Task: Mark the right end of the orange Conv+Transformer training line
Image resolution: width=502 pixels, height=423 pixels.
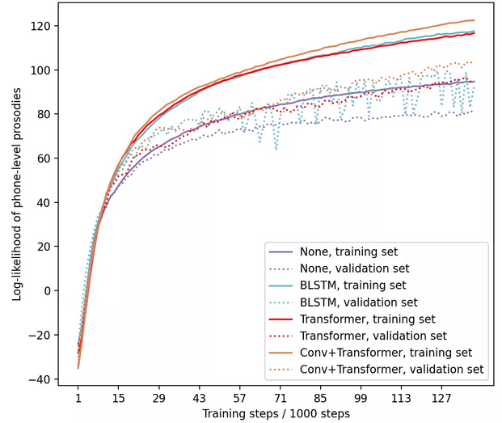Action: (x=474, y=20)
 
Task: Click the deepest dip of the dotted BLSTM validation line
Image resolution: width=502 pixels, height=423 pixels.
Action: (x=276, y=149)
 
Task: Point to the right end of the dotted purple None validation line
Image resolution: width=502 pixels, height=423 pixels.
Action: (x=473, y=111)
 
